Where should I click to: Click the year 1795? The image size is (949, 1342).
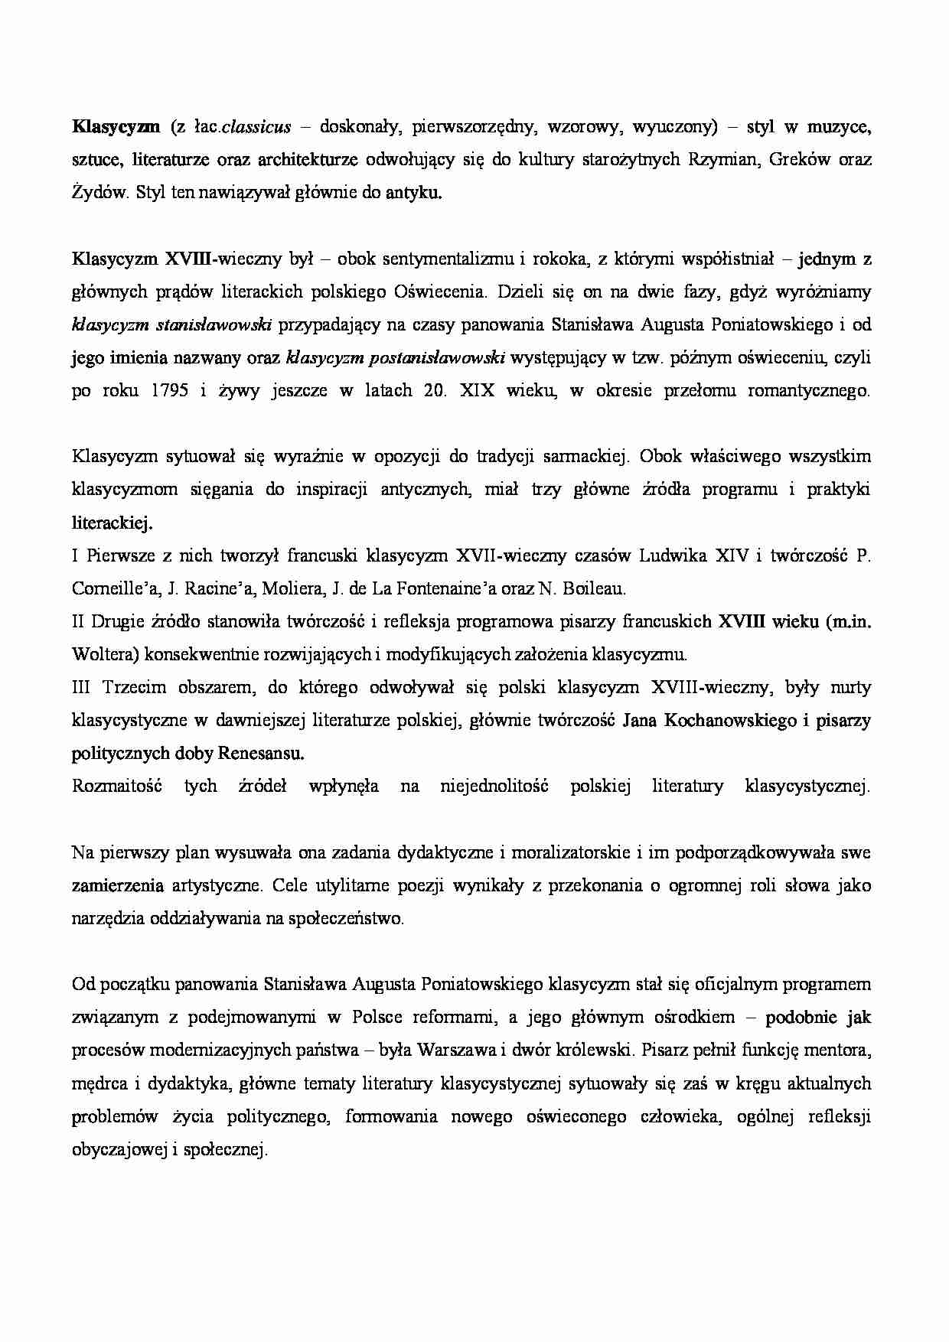170,390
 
